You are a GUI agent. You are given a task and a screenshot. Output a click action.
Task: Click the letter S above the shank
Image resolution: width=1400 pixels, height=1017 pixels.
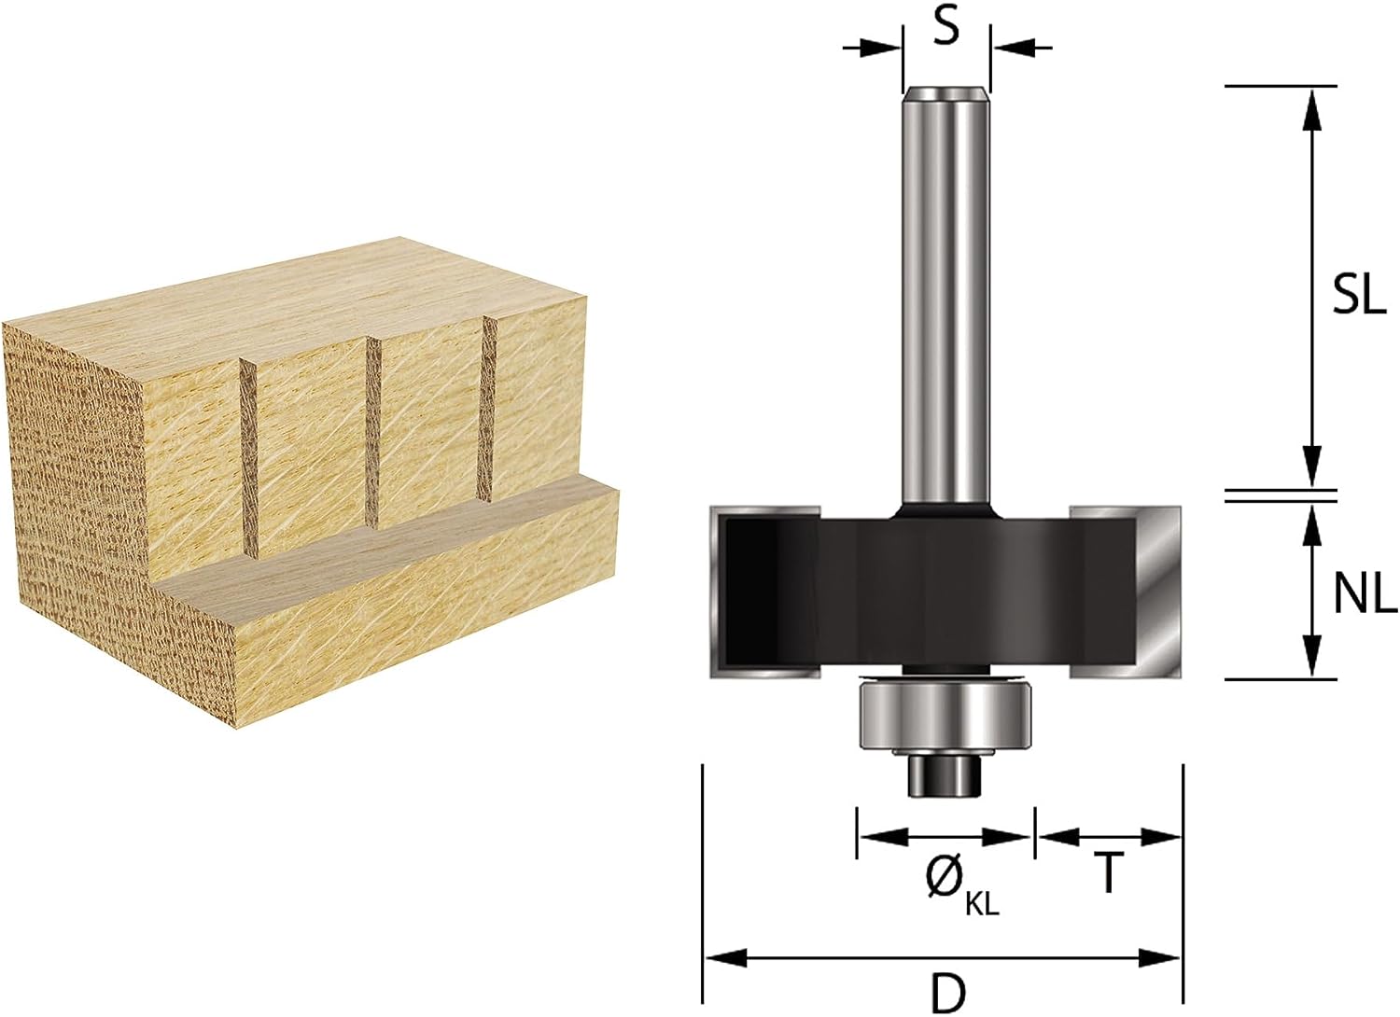point(946,27)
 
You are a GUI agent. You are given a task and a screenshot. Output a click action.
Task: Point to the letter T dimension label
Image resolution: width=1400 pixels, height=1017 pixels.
point(1109,872)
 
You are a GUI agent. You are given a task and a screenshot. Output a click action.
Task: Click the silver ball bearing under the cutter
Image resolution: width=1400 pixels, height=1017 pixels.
point(913,715)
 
